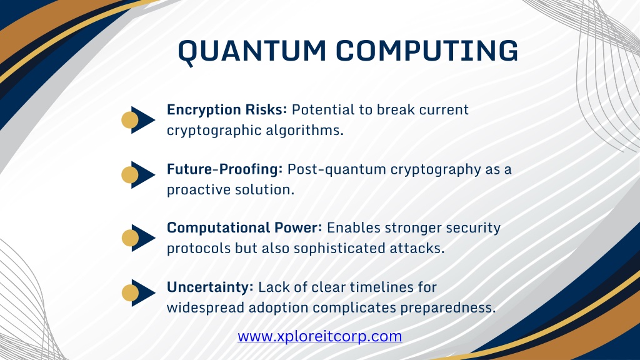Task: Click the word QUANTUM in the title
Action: pos(252,52)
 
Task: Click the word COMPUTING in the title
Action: pos(427,51)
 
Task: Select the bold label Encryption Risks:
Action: pos(227,110)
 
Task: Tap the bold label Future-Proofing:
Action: pos(224,169)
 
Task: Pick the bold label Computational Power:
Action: pos(244,227)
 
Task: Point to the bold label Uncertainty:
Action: pos(210,287)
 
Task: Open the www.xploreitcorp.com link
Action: pos(319,336)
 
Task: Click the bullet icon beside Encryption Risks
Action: pos(138,120)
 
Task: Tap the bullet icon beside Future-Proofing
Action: pos(138,175)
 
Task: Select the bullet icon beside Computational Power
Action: pos(138,238)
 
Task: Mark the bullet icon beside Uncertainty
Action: pos(138,292)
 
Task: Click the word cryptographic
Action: pos(214,131)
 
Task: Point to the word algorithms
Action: pos(305,130)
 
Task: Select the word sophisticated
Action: pos(339,249)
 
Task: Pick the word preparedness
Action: pos(447,308)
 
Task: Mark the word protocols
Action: pos(198,249)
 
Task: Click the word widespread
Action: pos(205,308)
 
